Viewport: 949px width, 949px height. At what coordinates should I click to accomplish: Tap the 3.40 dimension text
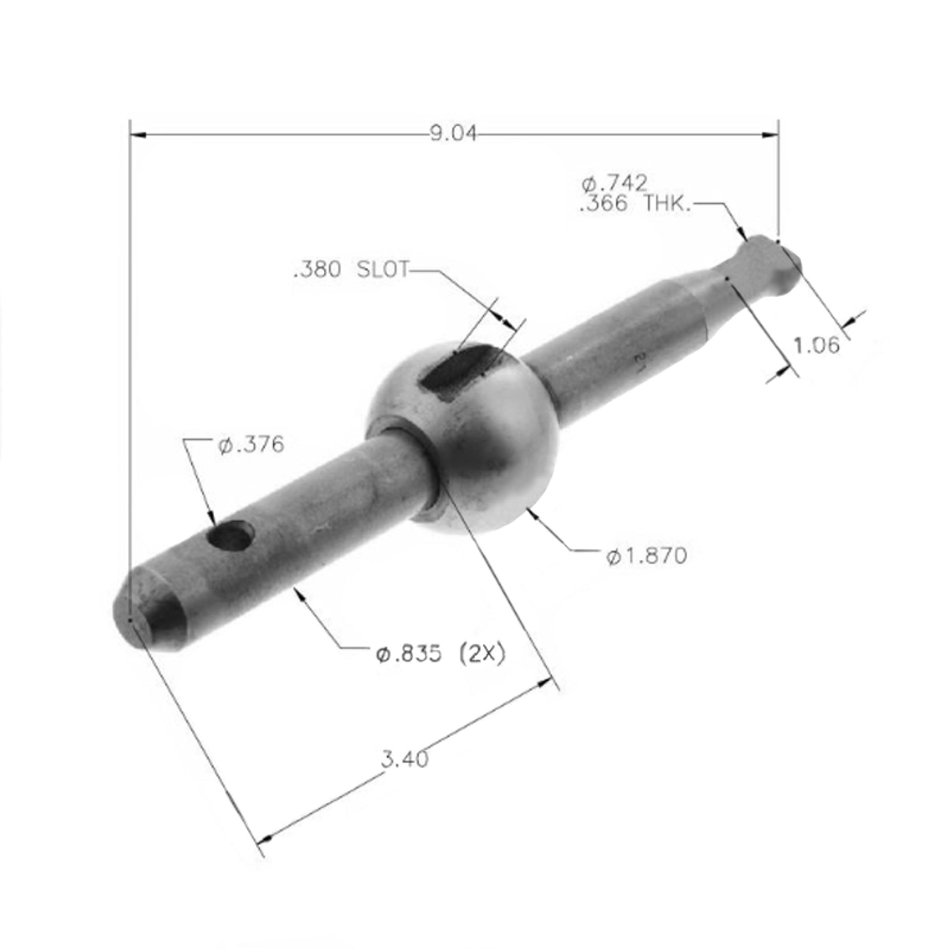click(x=405, y=760)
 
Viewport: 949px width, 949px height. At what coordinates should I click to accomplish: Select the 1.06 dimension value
click(x=816, y=346)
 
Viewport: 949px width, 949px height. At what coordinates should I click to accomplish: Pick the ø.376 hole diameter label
click(x=251, y=445)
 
